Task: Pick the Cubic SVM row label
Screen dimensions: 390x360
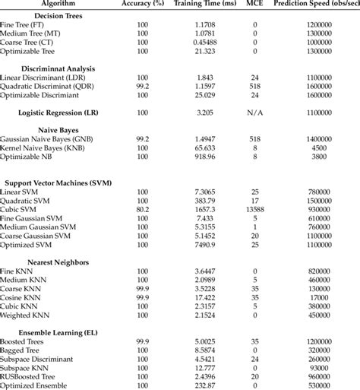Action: click(x=21, y=208)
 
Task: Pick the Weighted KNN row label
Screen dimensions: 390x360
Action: click(x=28, y=315)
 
